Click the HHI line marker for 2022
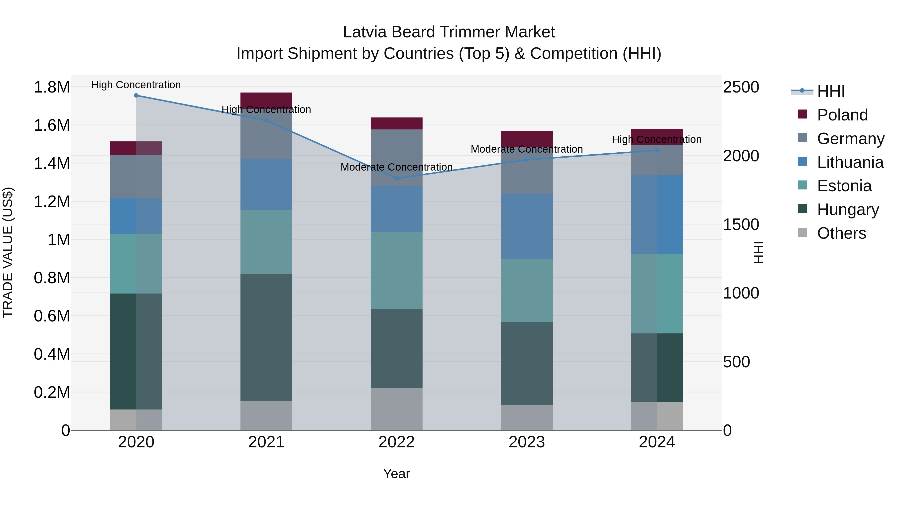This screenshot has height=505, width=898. point(396,179)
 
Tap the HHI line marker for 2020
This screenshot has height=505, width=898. point(136,96)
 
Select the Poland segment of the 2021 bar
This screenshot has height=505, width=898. point(266,99)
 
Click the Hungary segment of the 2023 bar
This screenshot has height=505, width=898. point(527,364)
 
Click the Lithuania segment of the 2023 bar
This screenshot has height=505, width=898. point(527,226)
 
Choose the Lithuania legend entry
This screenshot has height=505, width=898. point(850,162)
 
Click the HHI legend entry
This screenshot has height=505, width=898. point(830,91)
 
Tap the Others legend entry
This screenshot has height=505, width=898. point(841,233)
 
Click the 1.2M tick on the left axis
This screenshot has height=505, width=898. point(52,202)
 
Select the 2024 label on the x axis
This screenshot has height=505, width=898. point(657,442)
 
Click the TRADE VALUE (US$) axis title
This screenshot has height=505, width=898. point(8,252)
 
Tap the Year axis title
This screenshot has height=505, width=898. point(396,474)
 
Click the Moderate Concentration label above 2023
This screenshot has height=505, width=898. point(527,149)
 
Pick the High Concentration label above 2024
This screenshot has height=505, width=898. point(657,139)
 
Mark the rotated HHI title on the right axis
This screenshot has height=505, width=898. point(759,252)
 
